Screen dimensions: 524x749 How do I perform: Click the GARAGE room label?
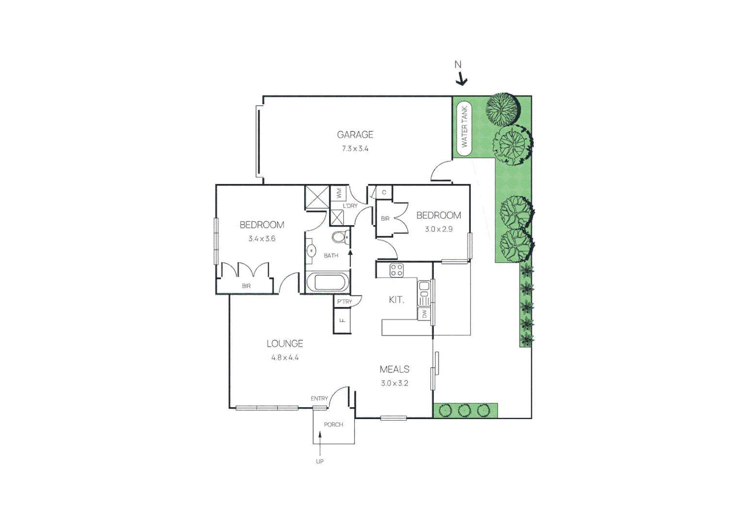(x=355, y=134)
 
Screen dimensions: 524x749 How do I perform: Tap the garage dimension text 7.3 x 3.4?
(x=355, y=148)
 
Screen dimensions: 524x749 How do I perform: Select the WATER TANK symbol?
(x=464, y=127)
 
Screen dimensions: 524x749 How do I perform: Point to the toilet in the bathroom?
(x=340, y=237)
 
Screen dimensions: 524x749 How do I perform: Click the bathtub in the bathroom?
(x=328, y=281)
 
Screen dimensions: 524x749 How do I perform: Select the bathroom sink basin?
(x=311, y=251)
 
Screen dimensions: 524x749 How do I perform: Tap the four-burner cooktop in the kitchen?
(x=397, y=270)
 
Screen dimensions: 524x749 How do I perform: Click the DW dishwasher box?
(x=424, y=314)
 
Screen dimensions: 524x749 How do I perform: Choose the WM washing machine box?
(x=339, y=193)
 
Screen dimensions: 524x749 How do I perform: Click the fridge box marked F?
(x=342, y=321)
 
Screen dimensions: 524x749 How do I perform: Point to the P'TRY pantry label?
(x=345, y=302)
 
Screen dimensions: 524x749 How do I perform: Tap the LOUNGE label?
(x=284, y=344)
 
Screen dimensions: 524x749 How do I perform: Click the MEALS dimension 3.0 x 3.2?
(x=394, y=383)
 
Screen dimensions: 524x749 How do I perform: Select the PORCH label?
(x=333, y=425)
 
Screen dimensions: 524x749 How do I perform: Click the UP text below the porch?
(x=319, y=461)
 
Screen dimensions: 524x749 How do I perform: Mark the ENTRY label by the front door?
(x=319, y=398)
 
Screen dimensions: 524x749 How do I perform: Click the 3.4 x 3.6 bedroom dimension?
(x=262, y=239)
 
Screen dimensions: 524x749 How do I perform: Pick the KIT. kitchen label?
(x=397, y=300)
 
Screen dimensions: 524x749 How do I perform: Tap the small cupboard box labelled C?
(x=384, y=193)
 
